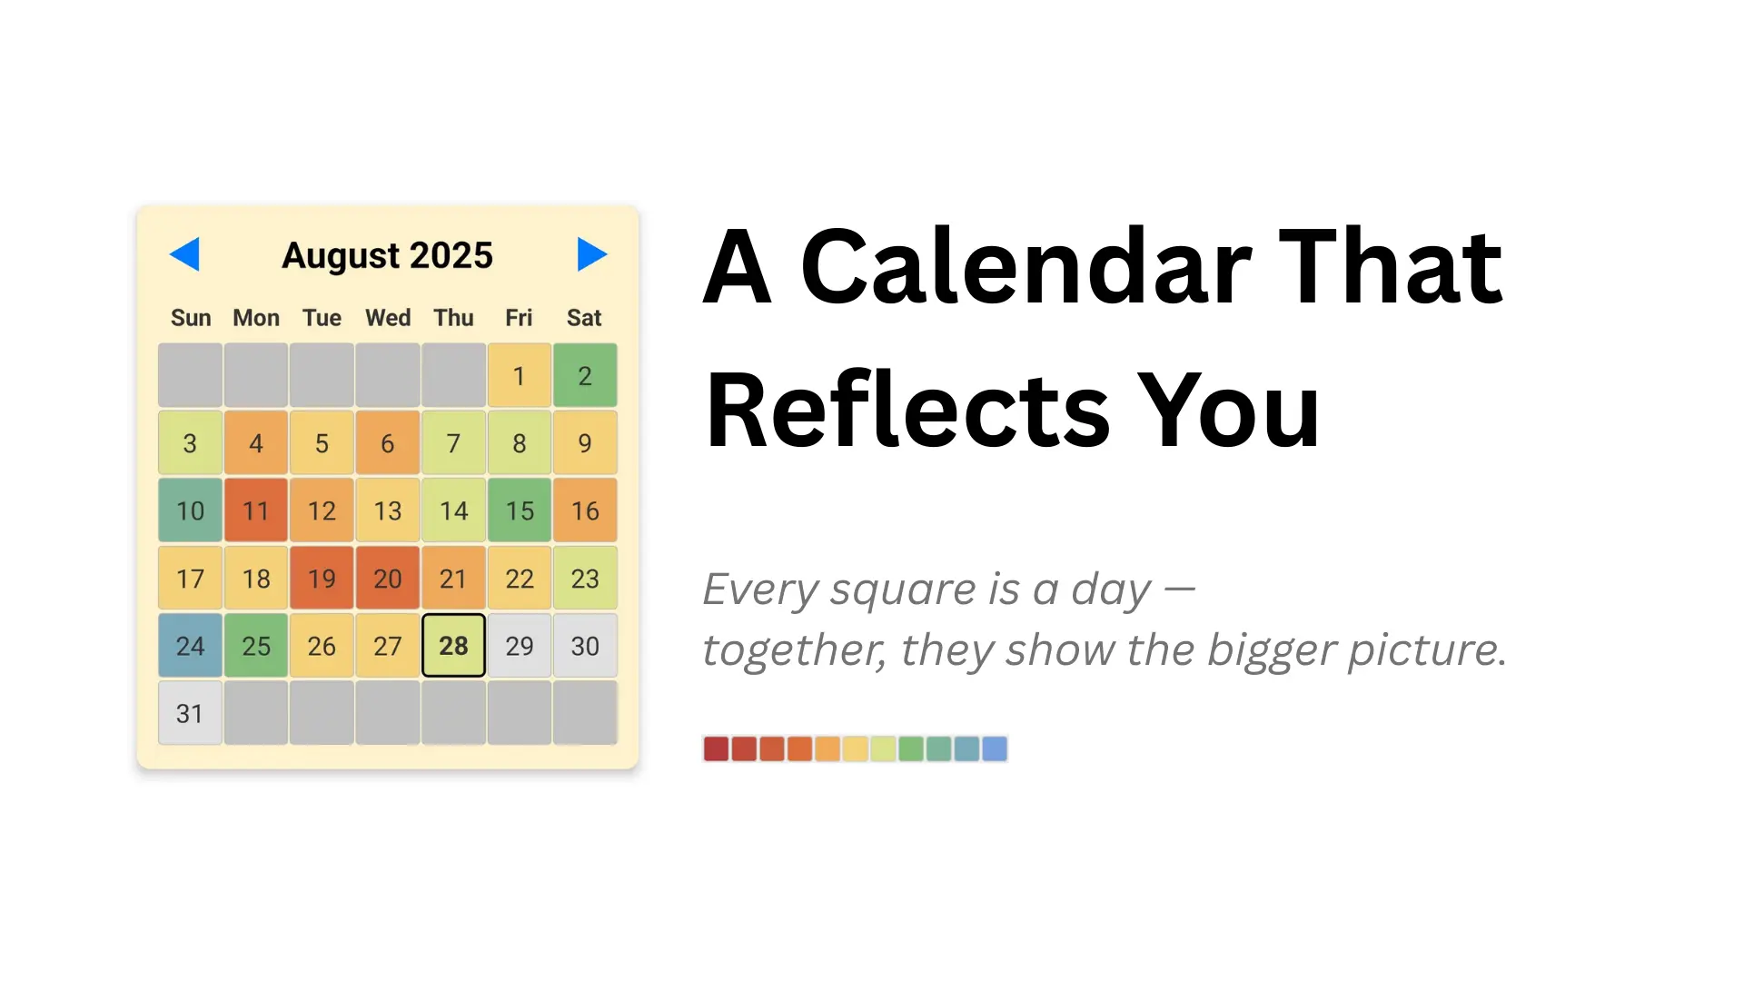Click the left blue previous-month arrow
pos(184,254)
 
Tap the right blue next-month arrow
pos(591,254)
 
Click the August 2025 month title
pos(387,255)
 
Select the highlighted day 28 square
pos(453,646)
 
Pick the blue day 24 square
pos(190,646)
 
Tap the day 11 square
pos(256,510)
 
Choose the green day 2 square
pos(585,375)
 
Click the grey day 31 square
pos(190,713)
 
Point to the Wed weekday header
pos(388,318)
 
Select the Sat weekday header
pos(584,318)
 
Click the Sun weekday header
pos(191,318)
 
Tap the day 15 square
pos(520,510)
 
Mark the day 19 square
pos(322,578)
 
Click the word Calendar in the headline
pos(1026,267)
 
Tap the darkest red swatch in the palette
pos(716,748)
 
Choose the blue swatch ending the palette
pos(995,748)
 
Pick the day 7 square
pos(453,443)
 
